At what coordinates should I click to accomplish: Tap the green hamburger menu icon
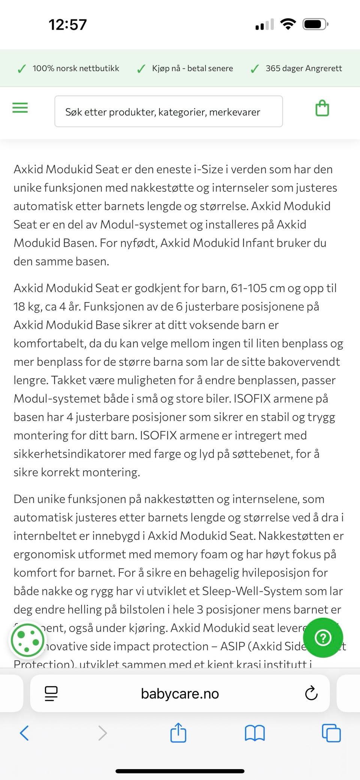coord(20,108)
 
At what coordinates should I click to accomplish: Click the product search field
coord(168,112)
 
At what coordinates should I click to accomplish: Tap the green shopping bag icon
coord(322,108)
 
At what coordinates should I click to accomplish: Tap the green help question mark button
coord(323,638)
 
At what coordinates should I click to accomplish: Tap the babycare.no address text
coord(180,693)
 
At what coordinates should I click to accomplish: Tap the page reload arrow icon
coord(311,693)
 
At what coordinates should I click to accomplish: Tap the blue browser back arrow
coord(24,733)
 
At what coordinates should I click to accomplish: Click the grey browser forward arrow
coord(102,733)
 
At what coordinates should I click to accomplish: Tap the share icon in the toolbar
coord(178,732)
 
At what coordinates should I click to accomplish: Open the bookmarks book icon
coord(255,733)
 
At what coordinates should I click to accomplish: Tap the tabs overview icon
coord(331,733)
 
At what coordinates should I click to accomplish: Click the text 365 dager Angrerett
coord(304,69)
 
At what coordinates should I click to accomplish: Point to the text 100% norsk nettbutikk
coord(76,69)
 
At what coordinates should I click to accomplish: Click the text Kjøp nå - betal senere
coord(192,69)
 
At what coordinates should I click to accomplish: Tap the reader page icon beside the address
coord(51,693)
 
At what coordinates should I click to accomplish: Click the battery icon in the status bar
coord(315,25)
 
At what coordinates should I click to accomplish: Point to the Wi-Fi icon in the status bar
coord(288,24)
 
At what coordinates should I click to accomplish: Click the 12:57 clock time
coord(67,25)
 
